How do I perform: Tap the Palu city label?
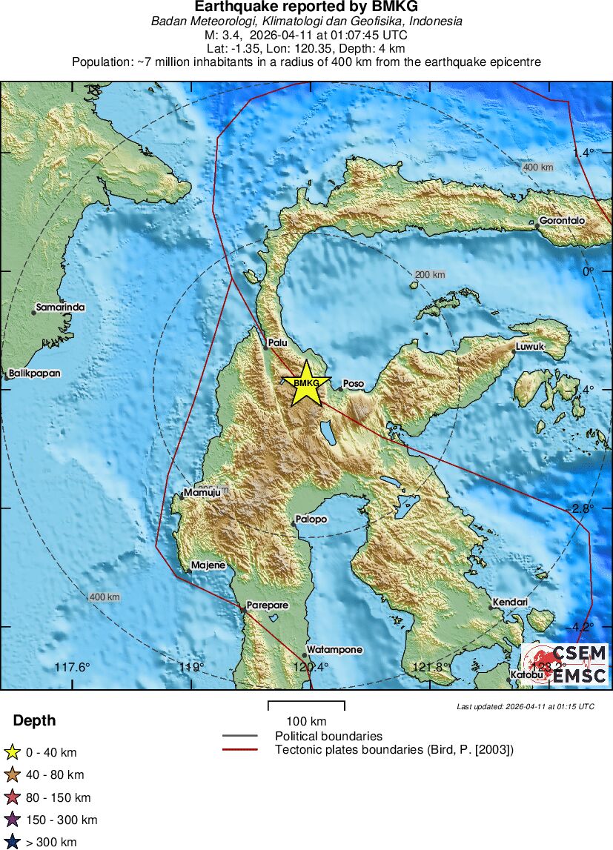tap(277, 342)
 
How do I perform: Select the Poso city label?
tap(354, 384)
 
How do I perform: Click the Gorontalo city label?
tap(562, 221)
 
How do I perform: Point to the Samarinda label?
tap(60, 307)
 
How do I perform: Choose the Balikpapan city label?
tap(35, 373)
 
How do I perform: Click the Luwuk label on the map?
tap(530, 346)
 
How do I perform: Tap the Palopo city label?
tap(311, 519)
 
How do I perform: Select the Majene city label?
tap(208, 565)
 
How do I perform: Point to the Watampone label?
tap(334, 650)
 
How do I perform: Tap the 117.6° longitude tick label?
tap(72, 668)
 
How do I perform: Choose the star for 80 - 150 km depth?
tap(13, 797)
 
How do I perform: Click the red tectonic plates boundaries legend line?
tap(240, 750)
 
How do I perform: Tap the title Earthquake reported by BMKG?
tap(306, 7)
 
